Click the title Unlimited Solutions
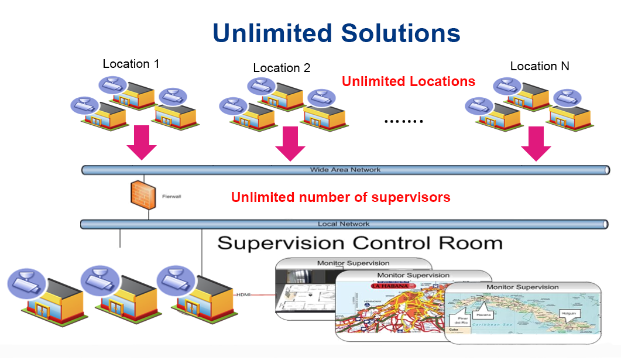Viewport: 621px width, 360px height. (x=337, y=33)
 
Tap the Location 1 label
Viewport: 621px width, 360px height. (x=131, y=64)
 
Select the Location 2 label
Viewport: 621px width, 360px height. (x=282, y=68)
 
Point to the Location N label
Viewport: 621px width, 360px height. (x=540, y=66)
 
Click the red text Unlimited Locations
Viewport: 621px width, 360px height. (x=409, y=81)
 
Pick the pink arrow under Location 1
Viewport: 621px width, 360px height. (x=142, y=143)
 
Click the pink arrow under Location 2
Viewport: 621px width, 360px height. (x=290, y=144)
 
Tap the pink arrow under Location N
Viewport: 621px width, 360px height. (x=536, y=144)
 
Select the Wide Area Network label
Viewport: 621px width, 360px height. (x=345, y=170)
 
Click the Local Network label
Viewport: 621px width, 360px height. (x=344, y=224)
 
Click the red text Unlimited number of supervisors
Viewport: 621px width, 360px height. (x=341, y=197)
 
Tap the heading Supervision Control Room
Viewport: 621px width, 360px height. (x=360, y=243)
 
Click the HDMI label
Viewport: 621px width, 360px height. (x=242, y=294)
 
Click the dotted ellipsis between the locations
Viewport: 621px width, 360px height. (x=403, y=122)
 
